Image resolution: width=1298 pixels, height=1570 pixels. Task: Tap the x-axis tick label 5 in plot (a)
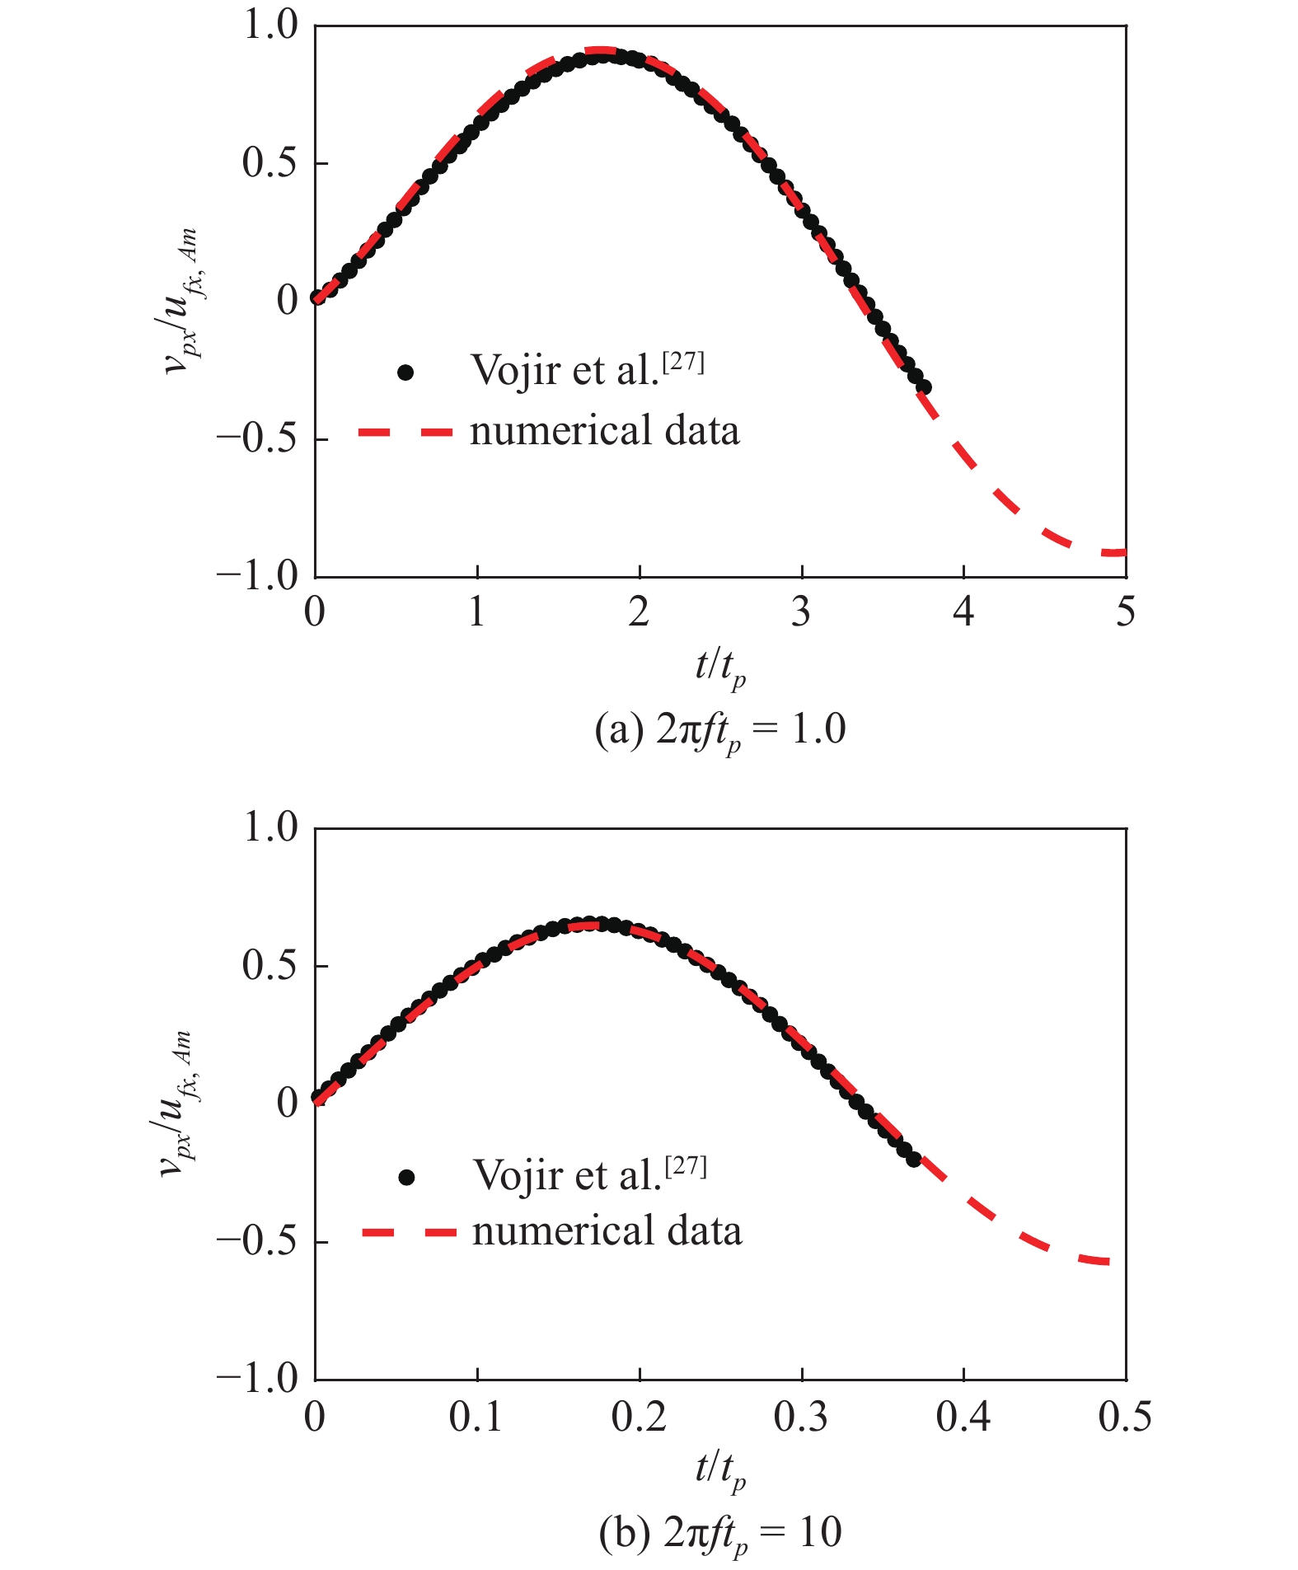[x=1125, y=612]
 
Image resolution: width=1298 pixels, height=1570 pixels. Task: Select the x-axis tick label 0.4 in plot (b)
[x=963, y=1417]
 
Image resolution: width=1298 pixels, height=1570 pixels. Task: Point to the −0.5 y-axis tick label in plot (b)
[x=256, y=1240]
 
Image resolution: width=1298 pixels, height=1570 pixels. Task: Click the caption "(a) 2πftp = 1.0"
[x=719, y=730]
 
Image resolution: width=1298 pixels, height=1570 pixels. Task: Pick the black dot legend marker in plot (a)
[x=405, y=373]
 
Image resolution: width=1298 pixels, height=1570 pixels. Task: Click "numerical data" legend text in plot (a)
[x=604, y=431]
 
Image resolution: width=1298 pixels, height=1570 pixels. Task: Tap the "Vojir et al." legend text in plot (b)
[x=567, y=1175]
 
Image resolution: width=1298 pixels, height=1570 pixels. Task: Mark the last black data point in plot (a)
[x=924, y=387]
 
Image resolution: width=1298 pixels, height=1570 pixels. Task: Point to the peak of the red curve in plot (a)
[x=602, y=51]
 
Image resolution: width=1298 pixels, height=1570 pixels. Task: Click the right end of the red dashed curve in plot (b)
[x=1108, y=1262]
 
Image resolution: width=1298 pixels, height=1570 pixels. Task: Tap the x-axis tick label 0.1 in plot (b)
[x=476, y=1417]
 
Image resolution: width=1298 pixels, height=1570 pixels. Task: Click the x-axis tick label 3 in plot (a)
[x=801, y=612]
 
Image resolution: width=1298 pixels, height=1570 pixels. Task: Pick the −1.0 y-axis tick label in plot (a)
[x=256, y=575]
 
